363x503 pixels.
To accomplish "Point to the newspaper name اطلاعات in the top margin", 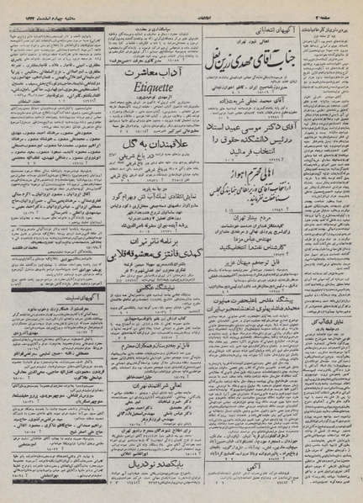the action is (181, 7).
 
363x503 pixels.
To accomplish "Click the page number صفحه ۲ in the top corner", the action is (345, 7).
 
